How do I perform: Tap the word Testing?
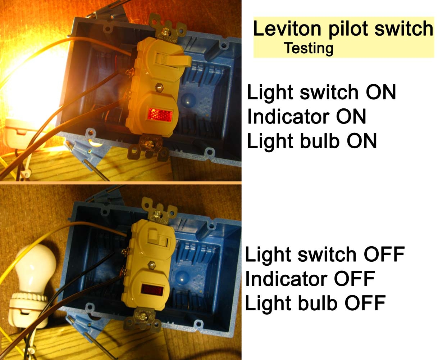(x=309, y=49)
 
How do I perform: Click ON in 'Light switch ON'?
(x=381, y=92)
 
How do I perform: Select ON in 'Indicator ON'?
(x=351, y=117)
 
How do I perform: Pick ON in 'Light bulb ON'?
(x=362, y=141)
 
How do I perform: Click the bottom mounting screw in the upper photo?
(x=149, y=144)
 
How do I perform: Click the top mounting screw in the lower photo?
(x=158, y=214)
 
